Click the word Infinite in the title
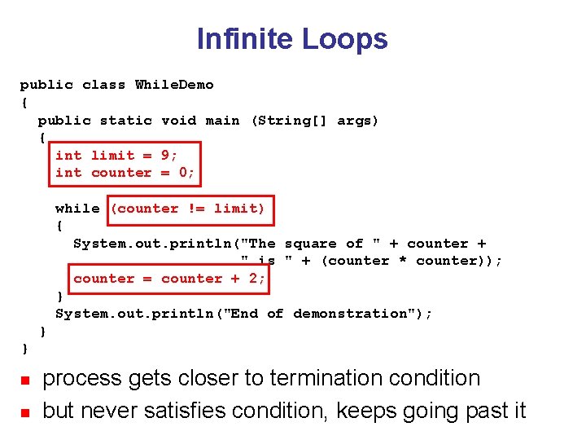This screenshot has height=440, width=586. click(245, 38)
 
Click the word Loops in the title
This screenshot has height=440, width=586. click(344, 38)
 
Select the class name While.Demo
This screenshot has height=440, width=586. click(174, 85)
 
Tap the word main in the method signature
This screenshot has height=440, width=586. click(222, 121)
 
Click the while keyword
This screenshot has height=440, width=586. click(77, 209)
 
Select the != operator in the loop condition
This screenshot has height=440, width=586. click(196, 209)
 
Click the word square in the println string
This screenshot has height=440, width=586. click(310, 244)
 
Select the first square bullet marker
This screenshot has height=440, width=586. click(24, 381)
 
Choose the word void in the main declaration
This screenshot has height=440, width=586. click(178, 121)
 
